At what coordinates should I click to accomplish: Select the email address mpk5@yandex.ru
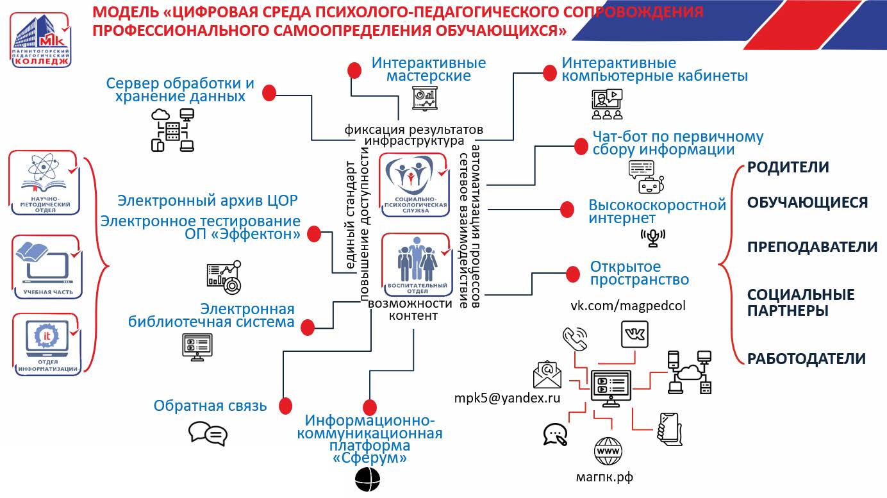(x=507, y=398)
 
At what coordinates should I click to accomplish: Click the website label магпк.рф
(x=605, y=477)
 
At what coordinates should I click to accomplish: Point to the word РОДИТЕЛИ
(x=788, y=167)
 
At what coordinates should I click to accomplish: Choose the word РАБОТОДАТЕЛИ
(x=806, y=358)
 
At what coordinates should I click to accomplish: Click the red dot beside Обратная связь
(x=285, y=405)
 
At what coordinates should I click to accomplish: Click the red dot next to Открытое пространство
(x=572, y=275)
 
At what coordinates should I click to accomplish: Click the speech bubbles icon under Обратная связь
(x=208, y=433)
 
